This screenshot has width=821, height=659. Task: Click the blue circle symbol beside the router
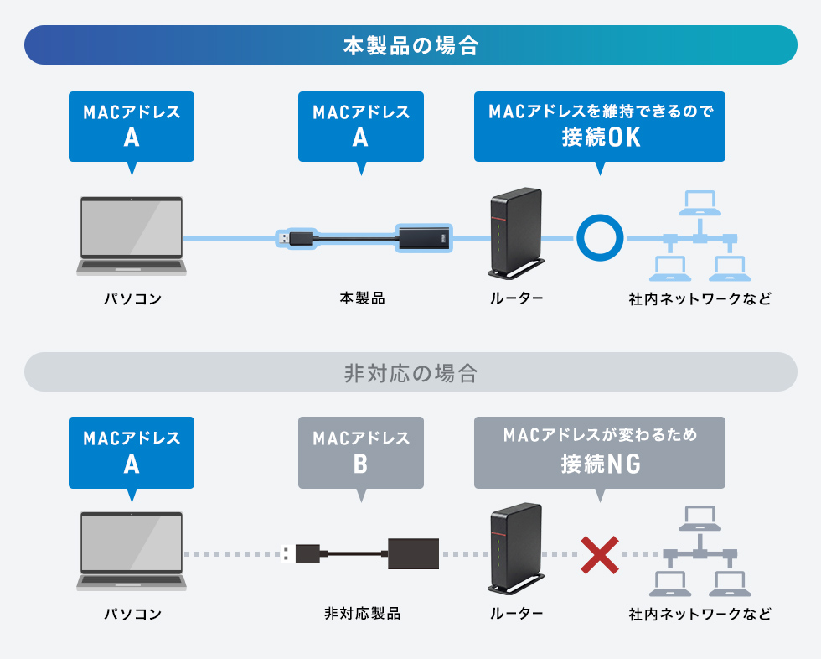click(x=600, y=215)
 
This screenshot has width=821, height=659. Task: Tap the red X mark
click(x=600, y=555)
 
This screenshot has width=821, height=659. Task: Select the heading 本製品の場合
click(x=410, y=45)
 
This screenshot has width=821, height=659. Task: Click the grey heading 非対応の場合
click(x=410, y=373)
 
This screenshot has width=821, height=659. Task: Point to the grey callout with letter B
click(x=361, y=454)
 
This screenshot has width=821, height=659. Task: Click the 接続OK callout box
click(x=600, y=127)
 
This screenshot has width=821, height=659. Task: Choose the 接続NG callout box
click(x=600, y=454)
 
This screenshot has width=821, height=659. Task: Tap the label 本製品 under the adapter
click(x=362, y=298)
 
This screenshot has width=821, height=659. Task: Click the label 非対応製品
click(x=362, y=614)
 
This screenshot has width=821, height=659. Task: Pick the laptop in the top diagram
click(x=132, y=236)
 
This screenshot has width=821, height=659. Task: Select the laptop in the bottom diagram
click(x=132, y=551)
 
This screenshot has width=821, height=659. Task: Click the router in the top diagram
click(x=516, y=233)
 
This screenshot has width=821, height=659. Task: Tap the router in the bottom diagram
click(x=516, y=549)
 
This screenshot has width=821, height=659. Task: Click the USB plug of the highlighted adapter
click(x=297, y=239)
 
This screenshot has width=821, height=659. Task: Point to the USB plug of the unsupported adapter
click(x=300, y=553)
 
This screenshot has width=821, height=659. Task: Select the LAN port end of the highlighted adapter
click(x=424, y=238)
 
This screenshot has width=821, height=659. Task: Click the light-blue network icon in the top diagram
click(x=700, y=236)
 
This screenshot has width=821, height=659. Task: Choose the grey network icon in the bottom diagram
click(x=700, y=551)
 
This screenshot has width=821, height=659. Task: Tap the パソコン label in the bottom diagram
click(x=133, y=614)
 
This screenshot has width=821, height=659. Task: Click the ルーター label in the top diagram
click(x=516, y=298)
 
